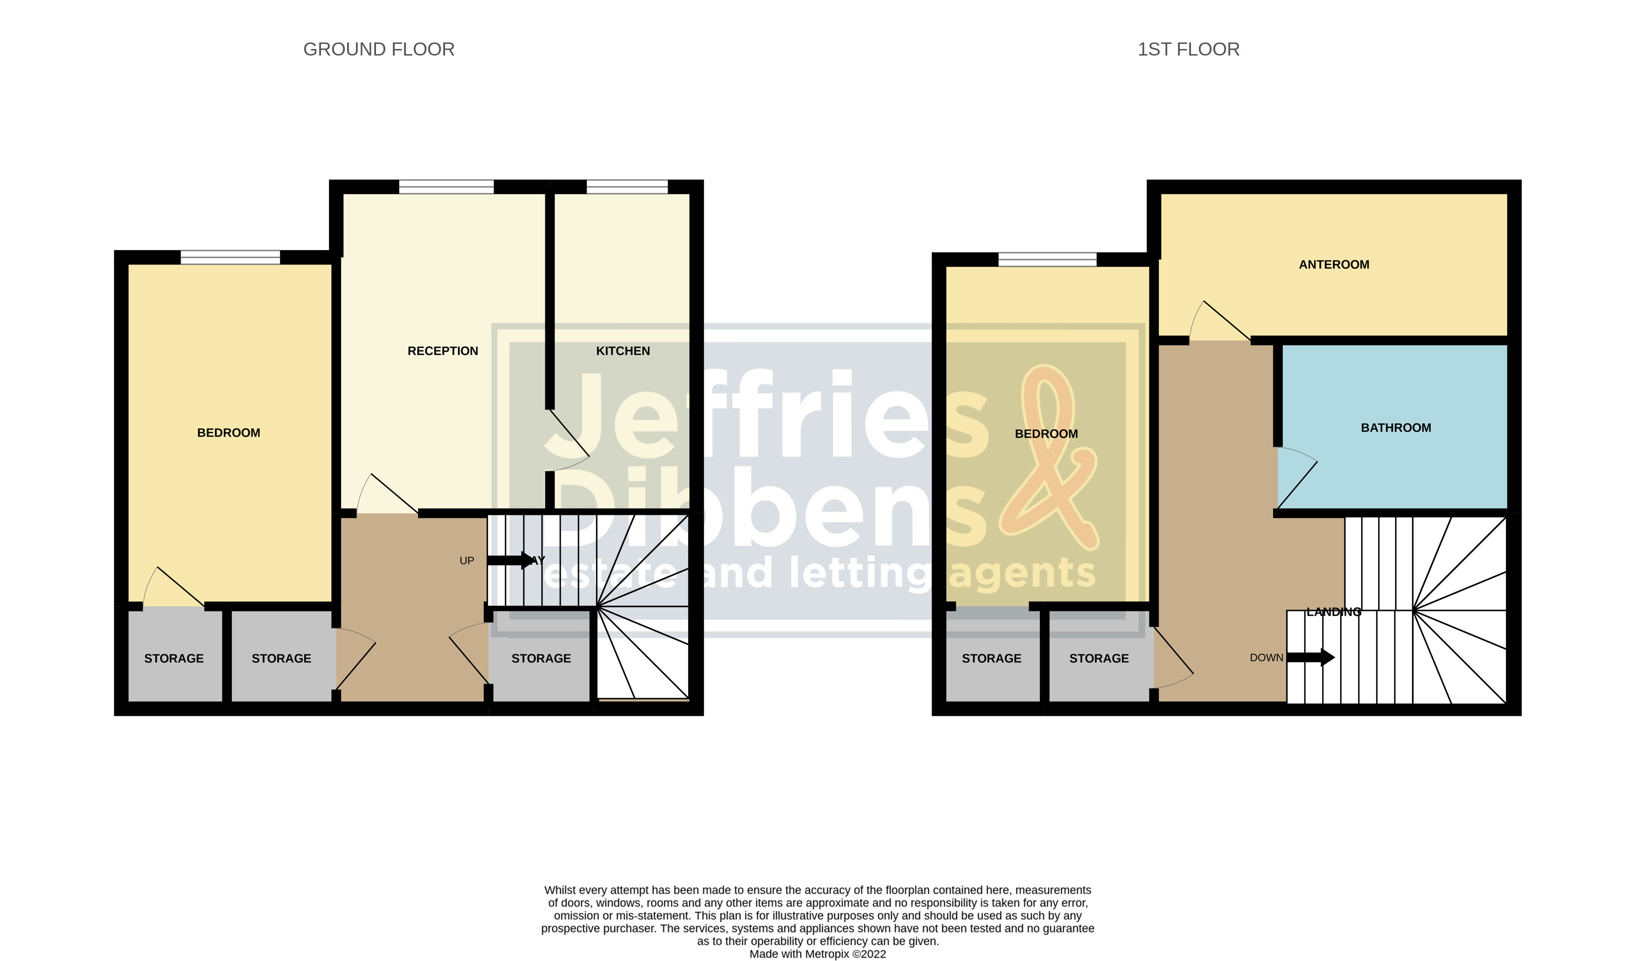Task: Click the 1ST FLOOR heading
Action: click(x=1188, y=49)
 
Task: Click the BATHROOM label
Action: click(x=1395, y=428)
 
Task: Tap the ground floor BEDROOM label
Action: click(x=229, y=433)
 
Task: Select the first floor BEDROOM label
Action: click(x=1046, y=434)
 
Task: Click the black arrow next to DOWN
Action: click(x=1310, y=658)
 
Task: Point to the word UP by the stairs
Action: click(x=467, y=561)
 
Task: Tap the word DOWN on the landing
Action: click(x=1266, y=658)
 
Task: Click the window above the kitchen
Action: click(x=627, y=187)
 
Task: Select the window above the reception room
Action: click(x=446, y=187)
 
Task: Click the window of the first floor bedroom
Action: click(x=1047, y=260)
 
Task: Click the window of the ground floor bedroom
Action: click(x=230, y=258)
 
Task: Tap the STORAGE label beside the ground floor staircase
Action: click(x=541, y=659)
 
